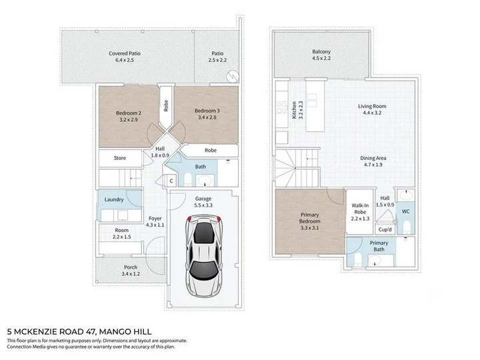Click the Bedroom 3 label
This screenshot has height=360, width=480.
(207, 111)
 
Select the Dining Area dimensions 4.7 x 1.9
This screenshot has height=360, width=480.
(375, 165)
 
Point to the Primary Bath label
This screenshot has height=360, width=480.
(379, 243)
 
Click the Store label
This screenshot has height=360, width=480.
(119, 158)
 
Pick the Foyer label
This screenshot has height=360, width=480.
(155, 218)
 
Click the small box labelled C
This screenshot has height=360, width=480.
(171, 181)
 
